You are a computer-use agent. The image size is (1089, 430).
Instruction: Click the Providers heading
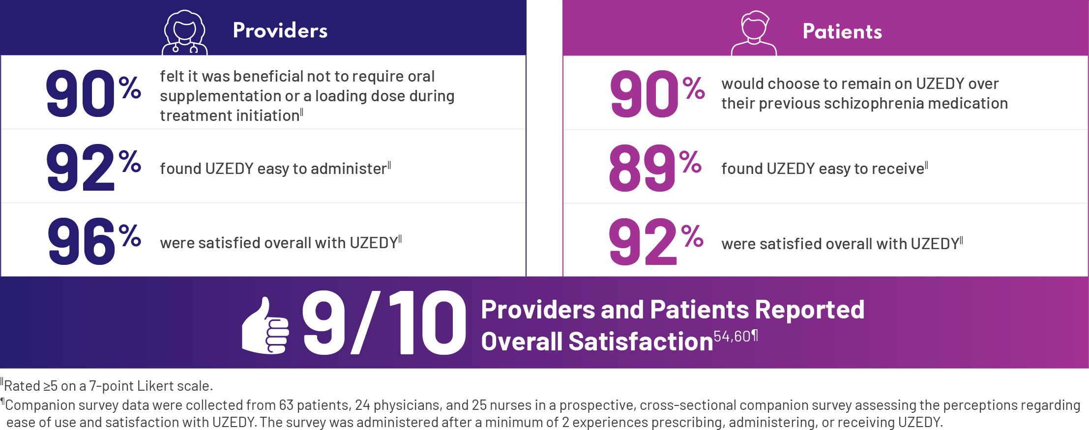280,30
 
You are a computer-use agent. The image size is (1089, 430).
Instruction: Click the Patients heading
842,31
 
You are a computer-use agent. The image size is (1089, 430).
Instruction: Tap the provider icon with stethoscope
184,32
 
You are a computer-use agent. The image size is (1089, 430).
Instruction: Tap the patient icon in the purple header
754,33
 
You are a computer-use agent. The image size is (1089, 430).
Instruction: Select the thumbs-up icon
265,326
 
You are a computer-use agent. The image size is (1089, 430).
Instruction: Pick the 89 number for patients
642,168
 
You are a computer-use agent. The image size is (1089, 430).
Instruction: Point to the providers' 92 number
81,168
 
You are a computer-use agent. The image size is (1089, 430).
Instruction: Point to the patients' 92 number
643,242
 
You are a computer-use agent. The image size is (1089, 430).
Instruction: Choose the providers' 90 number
81,93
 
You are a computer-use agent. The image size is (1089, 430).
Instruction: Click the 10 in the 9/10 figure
427,322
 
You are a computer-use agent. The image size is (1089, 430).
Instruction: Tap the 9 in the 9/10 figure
324,322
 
